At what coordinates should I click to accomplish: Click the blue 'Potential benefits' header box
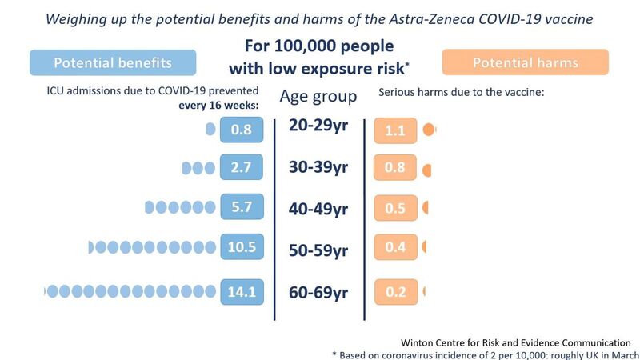click(x=112, y=62)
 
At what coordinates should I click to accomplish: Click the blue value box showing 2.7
click(x=241, y=169)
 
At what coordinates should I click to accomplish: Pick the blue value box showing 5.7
click(x=241, y=207)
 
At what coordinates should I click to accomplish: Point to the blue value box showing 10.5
click(x=241, y=247)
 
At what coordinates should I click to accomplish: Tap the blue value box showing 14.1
click(x=241, y=292)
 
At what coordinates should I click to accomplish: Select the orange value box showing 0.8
click(x=395, y=169)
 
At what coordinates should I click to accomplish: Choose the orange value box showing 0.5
click(x=395, y=207)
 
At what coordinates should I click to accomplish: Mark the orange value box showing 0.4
click(x=395, y=247)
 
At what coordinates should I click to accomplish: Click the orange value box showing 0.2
click(x=395, y=292)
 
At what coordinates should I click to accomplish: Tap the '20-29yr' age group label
click(x=318, y=126)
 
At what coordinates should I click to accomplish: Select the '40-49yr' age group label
click(x=318, y=210)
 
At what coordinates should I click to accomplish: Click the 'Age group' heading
click(x=318, y=97)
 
